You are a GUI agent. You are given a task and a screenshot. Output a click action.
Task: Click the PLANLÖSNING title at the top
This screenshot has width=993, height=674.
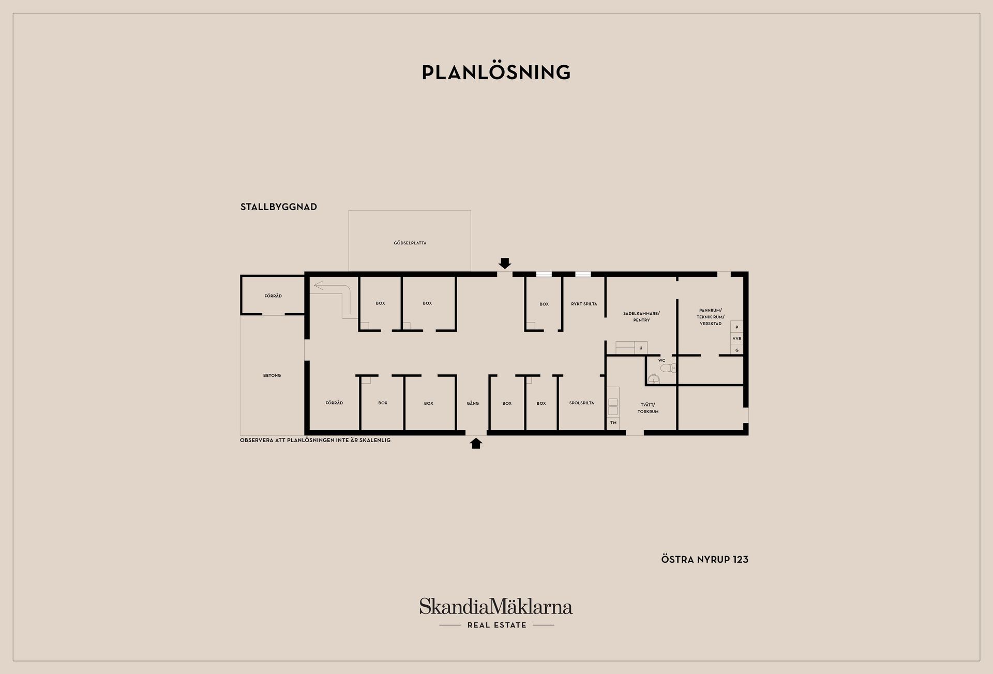pyautogui.click(x=496, y=72)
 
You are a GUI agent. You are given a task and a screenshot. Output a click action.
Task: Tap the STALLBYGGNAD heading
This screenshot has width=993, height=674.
pyautogui.click(x=279, y=207)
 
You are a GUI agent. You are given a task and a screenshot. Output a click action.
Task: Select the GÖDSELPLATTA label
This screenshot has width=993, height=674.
pyautogui.click(x=410, y=243)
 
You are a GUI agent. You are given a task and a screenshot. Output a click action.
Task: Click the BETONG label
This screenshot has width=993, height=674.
pyautogui.click(x=272, y=375)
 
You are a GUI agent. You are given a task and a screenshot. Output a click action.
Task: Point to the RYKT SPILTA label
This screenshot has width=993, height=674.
pyautogui.click(x=584, y=304)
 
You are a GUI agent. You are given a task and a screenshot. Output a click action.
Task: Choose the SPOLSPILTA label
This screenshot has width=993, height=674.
pyautogui.click(x=582, y=403)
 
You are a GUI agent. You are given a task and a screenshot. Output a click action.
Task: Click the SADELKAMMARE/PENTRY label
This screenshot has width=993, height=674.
pyautogui.click(x=641, y=317)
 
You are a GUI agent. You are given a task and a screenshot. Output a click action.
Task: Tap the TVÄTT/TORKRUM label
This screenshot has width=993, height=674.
pyautogui.click(x=648, y=408)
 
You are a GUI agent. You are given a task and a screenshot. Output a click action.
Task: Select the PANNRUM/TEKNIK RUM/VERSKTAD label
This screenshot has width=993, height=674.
pyautogui.click(x=711, y=317)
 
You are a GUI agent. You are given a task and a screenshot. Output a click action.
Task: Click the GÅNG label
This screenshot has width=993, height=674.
pyautogui.click(x=473, y=403)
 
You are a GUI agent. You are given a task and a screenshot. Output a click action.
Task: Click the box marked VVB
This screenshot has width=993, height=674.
pyautogui.click(x=737, y=339)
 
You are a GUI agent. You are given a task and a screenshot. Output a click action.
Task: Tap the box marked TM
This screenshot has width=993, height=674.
pyautogui.click(x=613, y=423)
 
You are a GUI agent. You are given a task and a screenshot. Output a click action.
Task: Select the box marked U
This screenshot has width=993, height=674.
pyautogui.click(x=641, y=348)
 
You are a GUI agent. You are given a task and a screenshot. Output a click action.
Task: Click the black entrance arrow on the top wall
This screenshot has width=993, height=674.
pyautogui.click(x=505, y=263)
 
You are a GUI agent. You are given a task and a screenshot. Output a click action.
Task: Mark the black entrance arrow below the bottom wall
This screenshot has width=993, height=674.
pyautogui.click(x=476, y=443)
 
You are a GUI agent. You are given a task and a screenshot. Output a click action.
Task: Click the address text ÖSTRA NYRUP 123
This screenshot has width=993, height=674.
pyautogui.click(x=705, y=560)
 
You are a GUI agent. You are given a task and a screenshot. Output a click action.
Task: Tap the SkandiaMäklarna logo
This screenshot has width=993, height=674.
pyautogui.click(x=496, y=606)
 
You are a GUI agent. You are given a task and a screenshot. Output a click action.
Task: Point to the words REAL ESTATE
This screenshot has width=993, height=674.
pyautogui.click(x=496, y=625)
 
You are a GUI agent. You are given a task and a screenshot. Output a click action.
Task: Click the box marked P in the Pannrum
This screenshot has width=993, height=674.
pyautogui.click(x=737, y=327)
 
